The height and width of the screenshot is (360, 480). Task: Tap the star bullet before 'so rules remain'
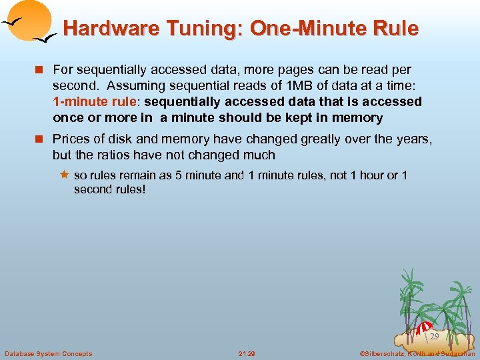[x=65, y=175]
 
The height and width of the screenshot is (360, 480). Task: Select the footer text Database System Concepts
[x=48, y=353]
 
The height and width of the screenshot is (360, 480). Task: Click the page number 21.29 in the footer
[x=247, y=353]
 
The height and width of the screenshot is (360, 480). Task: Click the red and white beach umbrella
[x=425, y=328]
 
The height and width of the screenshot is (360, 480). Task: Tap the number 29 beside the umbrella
[x=434, y=337]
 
